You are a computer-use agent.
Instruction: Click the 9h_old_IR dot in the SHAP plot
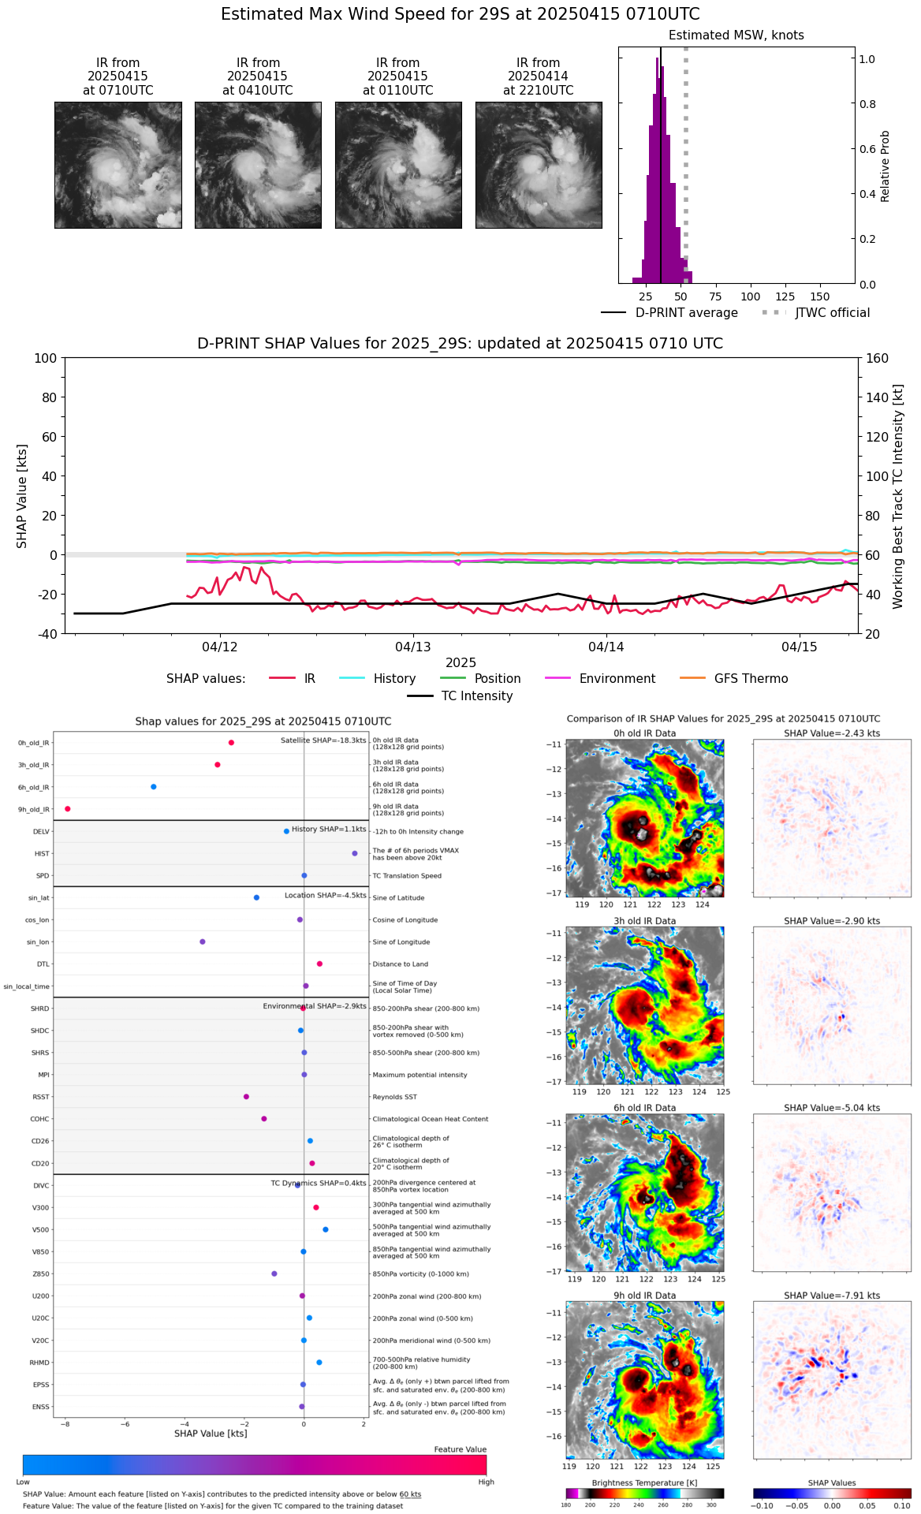pyautogui.click(x=68, y=809)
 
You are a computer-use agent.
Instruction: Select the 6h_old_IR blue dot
pyautogui.click(x=154, y=787)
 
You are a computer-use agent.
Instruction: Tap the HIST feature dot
pyautogui.click(x=355, y=853)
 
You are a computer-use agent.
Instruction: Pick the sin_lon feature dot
pyautogui.click(x=203, y=942)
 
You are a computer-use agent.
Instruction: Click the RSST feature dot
pyautogui.click(x=247, y=1097)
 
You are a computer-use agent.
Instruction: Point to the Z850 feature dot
pyautogui.click(x=274, y=1273)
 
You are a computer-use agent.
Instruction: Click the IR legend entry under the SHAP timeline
pyautogui.click(x=293, y=679)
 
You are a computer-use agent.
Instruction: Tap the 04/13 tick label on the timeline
pyautogui.click(x=413, y=647)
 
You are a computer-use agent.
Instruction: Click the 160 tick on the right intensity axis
pyautogui.click(x=877, y=359)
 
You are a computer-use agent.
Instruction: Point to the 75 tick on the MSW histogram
pyautogui.click(x=715, y=296)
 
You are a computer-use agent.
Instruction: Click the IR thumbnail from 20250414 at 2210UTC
pyautogui.click(x=539, y=166)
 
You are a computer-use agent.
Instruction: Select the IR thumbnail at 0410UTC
pyautogui.click(x=258, y=166)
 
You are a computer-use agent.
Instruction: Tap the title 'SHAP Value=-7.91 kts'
pyautogui.click(x=832, y=1296)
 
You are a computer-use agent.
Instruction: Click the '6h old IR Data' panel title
pyautogui.click(x=644, y=1108)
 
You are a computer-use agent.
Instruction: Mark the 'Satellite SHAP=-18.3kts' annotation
pyautogui.click(x=323, y=740)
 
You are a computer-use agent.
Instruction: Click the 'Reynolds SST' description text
pyautogui.click(x=394, y=1097)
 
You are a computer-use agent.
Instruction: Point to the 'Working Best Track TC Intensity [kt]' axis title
pyautogui.click(x=898, y=497)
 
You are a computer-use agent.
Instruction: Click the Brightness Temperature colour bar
pyautogui.click(x=644, y=1493)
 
